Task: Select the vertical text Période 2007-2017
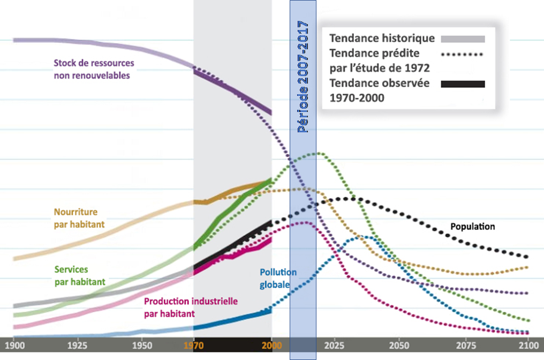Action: point(304,77)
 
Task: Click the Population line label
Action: point(473,227)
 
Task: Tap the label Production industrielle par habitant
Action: point(191,307)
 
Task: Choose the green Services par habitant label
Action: point(80,275)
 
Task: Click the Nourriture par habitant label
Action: point(79,219)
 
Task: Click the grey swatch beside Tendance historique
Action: point(463,39)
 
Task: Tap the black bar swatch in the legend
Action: point(463,84)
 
